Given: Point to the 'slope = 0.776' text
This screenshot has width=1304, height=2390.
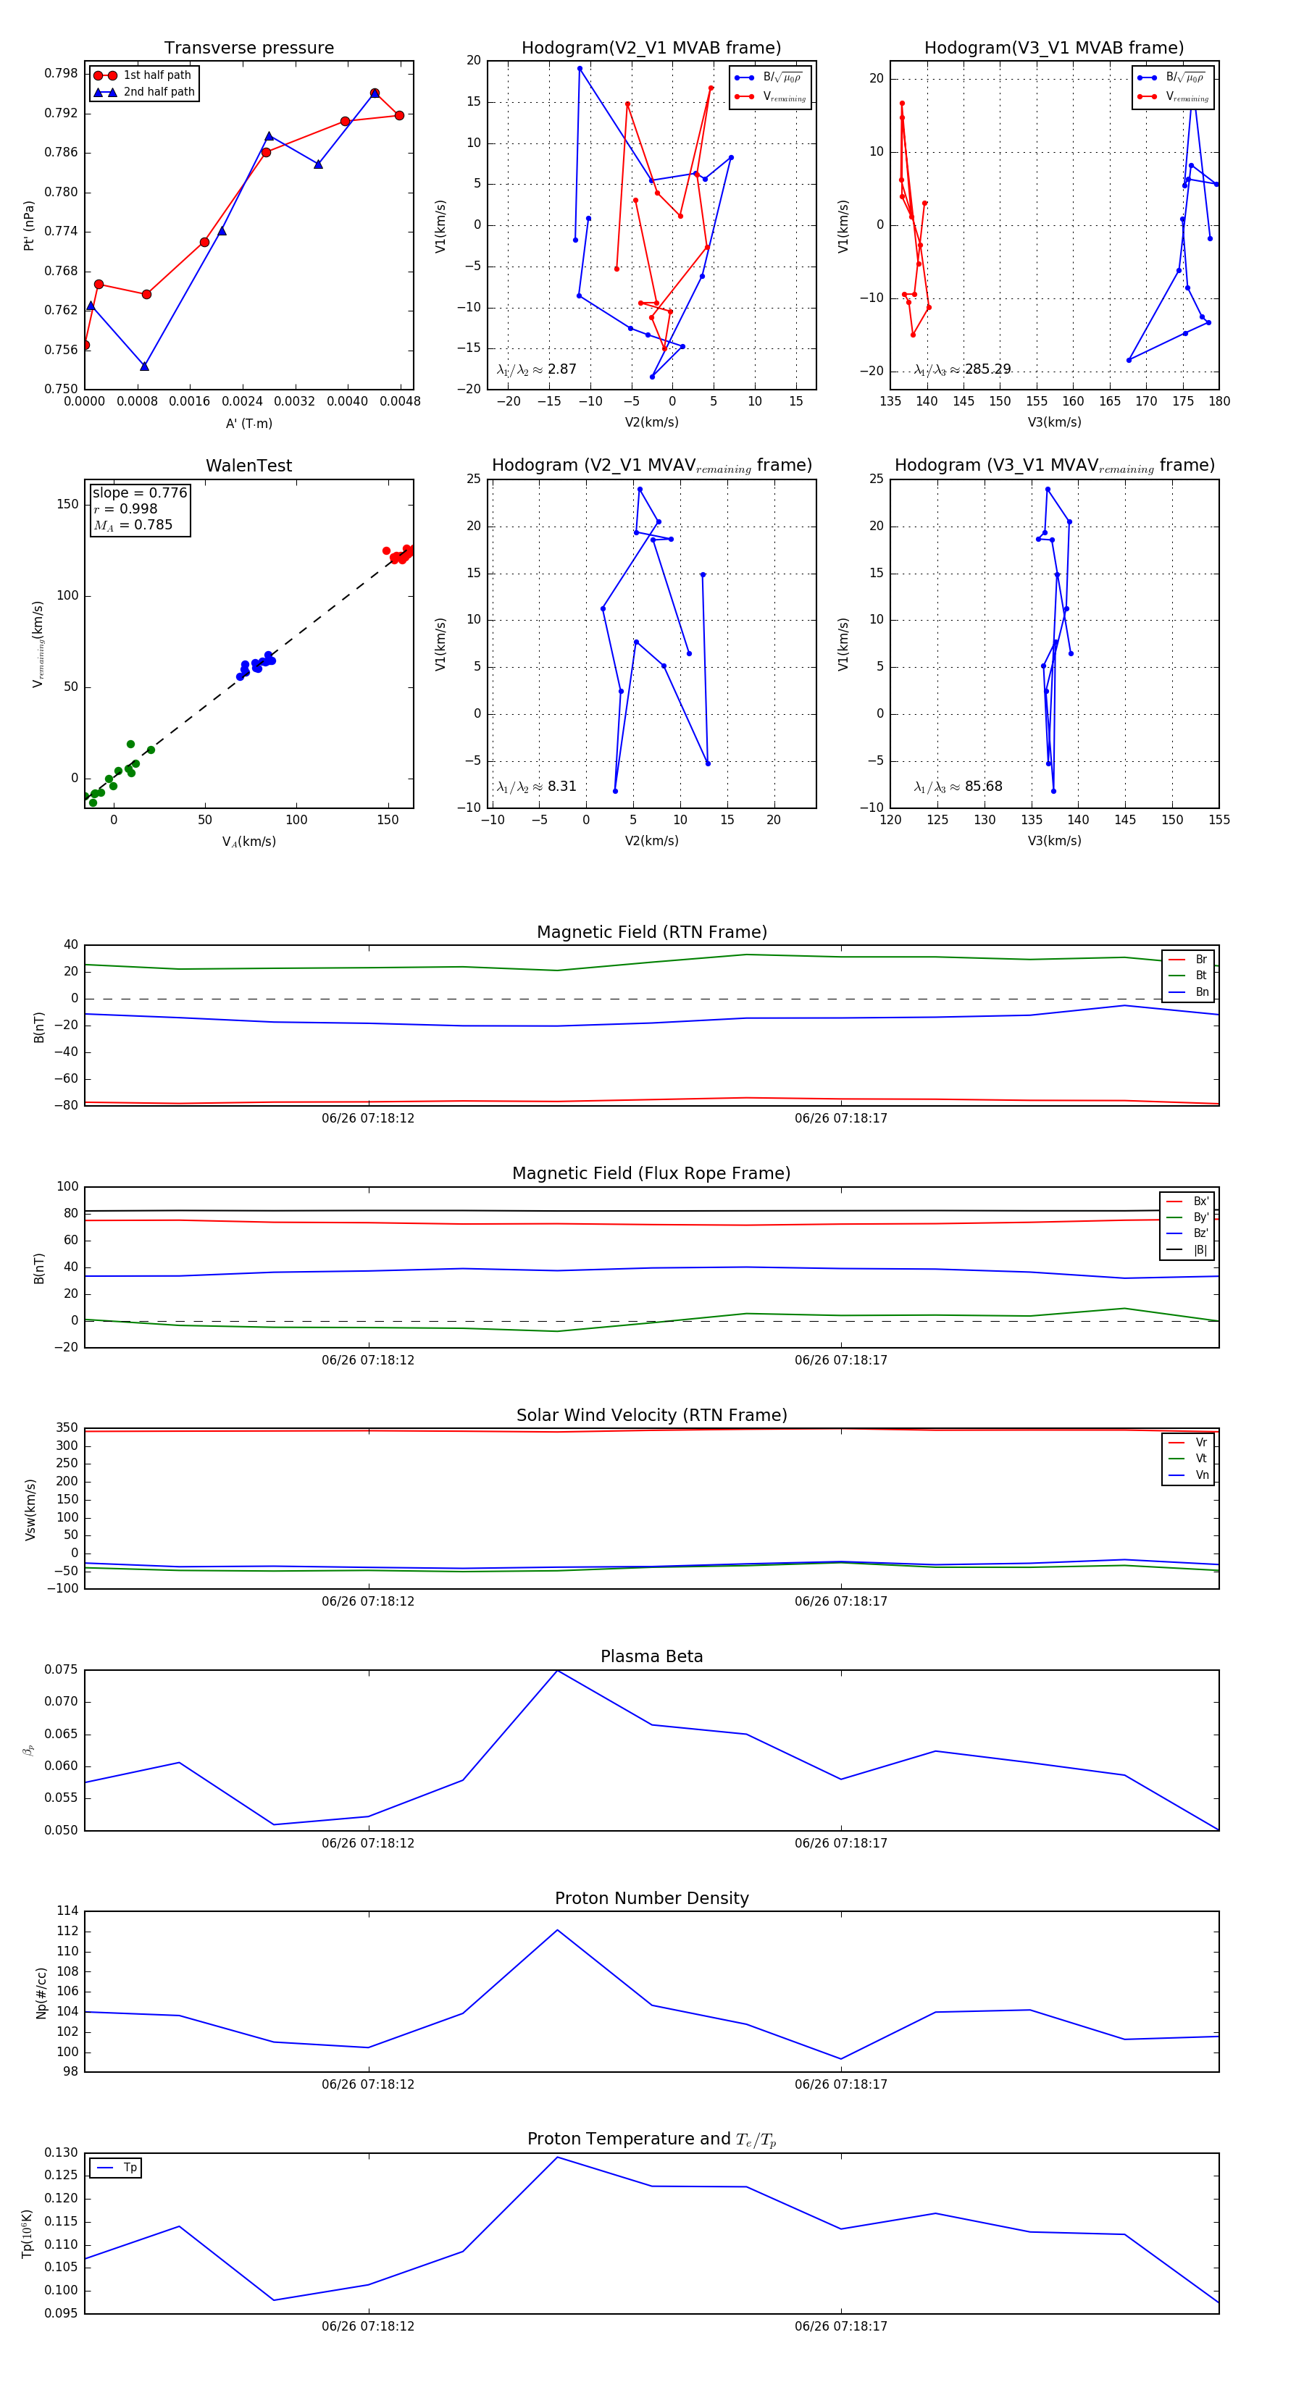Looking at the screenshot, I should click(139, 492).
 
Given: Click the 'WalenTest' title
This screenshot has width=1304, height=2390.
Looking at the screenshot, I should click(248, 466).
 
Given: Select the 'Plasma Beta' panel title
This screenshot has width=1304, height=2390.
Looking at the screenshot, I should click(651, 1656).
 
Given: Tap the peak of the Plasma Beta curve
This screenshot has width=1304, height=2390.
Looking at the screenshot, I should click(557, 1671).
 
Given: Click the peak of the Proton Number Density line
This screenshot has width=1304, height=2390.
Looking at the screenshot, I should click(557, 1930).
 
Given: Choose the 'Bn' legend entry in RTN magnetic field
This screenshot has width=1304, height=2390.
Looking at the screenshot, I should click(1201, 991).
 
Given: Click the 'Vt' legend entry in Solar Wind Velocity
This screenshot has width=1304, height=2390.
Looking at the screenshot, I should click(1201, 1459).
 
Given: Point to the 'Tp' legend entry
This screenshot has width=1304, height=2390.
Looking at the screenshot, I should click(129, 2168).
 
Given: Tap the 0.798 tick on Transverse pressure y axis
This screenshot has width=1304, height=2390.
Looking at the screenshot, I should click(62, 73).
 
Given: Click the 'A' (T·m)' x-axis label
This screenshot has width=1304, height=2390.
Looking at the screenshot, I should click(248, 423).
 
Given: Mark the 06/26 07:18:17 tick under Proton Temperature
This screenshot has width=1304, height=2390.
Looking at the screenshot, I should click(841, 2326).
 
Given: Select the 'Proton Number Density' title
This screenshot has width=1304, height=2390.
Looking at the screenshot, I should click(651, 1898).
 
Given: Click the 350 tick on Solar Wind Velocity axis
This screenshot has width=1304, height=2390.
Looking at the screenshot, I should click(67, 1428).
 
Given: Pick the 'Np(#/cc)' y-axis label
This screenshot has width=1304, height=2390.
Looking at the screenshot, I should click(41, 1993).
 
